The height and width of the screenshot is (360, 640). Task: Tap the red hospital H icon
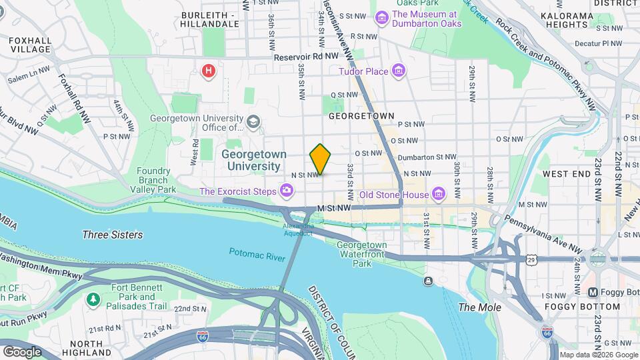pos(209,70)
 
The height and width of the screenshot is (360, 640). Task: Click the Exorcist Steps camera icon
pos(287,192)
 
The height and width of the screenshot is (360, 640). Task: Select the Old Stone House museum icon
pos(439,195)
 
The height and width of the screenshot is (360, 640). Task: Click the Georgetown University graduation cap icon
pos(253,122)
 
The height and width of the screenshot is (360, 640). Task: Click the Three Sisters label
pos(112,235)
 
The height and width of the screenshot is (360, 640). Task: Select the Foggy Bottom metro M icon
pos(592,293)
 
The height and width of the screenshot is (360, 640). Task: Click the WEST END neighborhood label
pos(566,173)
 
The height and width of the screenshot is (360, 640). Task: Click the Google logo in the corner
pos(22,351)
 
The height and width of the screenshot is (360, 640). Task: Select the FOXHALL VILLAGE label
pos(30,45)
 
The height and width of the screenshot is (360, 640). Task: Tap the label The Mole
pos(475,307)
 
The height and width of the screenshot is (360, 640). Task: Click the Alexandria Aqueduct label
pos(297,229)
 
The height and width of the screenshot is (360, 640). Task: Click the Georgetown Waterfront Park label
pos(362,254)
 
